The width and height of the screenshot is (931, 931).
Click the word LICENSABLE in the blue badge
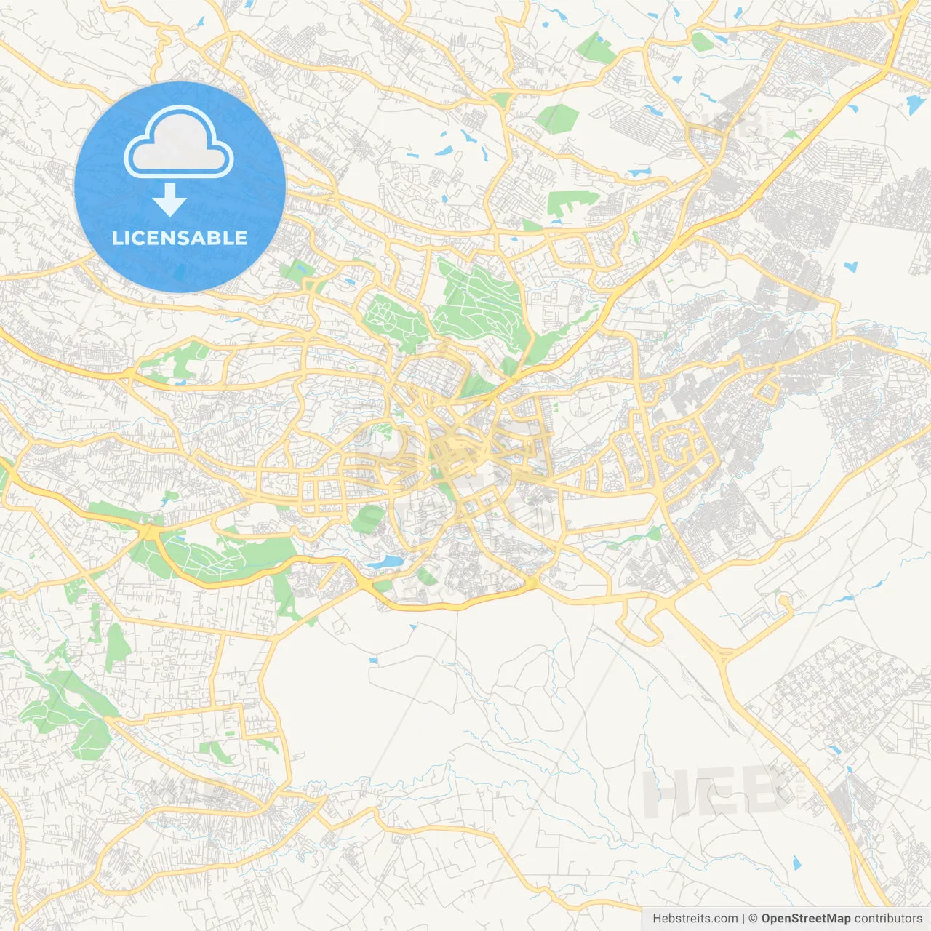coord(180,238)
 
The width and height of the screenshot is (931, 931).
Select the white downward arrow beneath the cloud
coord(169,200)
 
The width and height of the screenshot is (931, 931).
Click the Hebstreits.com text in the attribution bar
coord(695,919)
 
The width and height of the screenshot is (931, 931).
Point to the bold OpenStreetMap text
coord(805,919)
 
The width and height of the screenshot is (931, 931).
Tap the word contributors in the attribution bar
coord(887,919)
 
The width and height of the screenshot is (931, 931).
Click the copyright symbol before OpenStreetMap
coord(754,919)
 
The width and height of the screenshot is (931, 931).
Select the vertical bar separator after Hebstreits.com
coord(743,919)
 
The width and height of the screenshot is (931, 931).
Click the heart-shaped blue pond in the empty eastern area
coord(851,265)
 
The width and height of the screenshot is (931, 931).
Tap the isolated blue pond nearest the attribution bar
coord(796,863)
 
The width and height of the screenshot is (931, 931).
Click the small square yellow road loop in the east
coord(767,393)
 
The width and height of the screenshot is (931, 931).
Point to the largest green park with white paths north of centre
coord(480,302)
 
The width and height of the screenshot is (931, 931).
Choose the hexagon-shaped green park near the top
coord(557,119)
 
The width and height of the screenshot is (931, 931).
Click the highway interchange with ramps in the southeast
coord(722,655)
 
